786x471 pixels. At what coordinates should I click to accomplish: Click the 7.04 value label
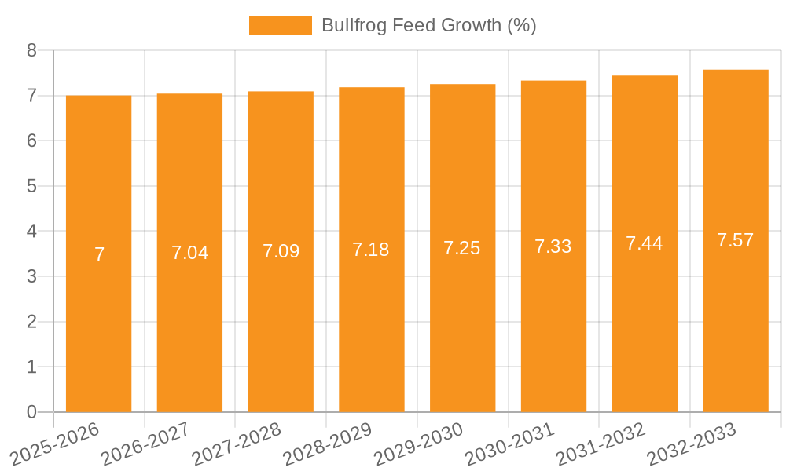[x=189, y=253]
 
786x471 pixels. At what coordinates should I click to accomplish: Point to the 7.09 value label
[x=281, y=251]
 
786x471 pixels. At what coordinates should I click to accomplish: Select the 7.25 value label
[x=462, y=248]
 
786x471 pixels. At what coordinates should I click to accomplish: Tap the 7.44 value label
[x=645, y=243]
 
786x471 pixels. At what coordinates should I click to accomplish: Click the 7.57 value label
[x=736, y=240]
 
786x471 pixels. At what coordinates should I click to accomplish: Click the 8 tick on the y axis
[x=31, y=50]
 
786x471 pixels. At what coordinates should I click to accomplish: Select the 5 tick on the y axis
[x=31, y=186]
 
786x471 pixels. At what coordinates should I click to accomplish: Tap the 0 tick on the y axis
[x=31, y=412]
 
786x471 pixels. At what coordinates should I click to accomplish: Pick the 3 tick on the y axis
[x=31, y=276]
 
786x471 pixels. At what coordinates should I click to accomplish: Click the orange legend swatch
[x=280, y=25]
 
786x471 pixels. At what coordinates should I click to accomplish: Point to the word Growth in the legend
[x=472, y=25]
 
